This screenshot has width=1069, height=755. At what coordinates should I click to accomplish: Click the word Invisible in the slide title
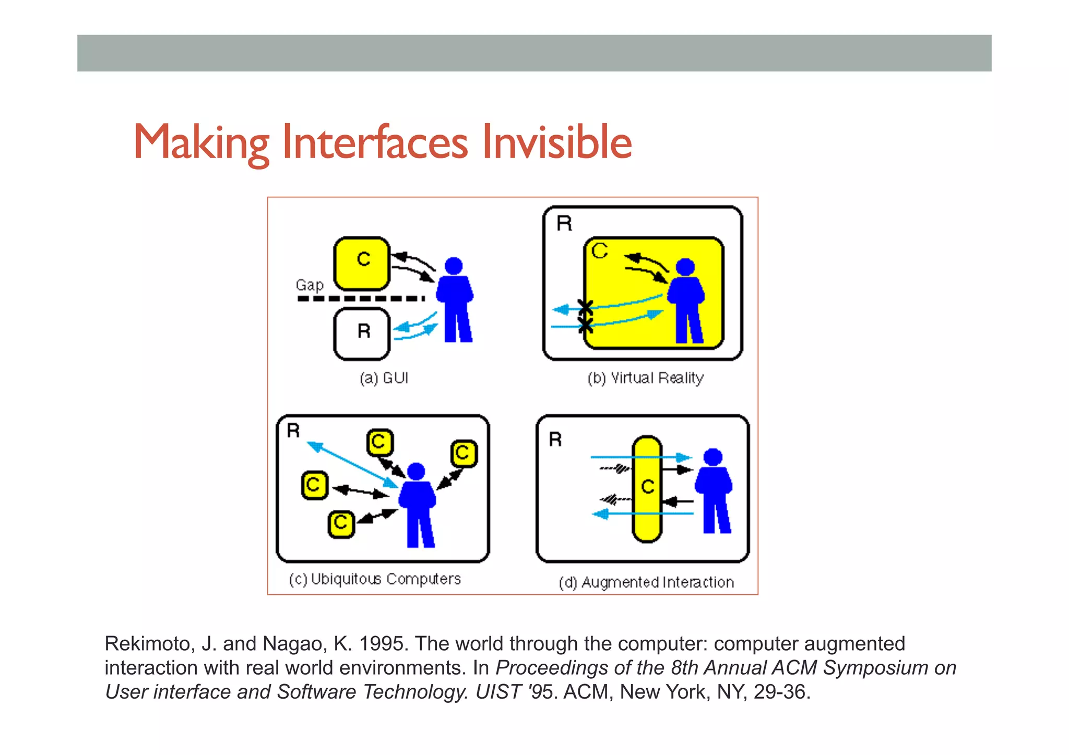(x=556, y=142)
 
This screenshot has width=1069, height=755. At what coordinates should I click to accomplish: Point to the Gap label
(x=310, y=285)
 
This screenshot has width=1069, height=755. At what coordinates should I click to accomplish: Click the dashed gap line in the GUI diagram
(x=360, y=299)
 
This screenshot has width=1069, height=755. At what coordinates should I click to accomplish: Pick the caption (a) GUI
(x=384, y=378)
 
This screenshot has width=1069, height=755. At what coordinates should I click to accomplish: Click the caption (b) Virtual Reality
(x=645, y=378)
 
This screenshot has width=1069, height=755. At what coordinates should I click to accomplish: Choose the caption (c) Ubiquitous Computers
(x=375, y=579)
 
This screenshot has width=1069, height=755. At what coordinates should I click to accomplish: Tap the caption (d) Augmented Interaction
(x=646, y=582)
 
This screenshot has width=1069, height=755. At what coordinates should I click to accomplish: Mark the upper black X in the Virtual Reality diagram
(x=586, y=307)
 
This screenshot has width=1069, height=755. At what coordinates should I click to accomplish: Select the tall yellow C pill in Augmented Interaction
(x=647, y=489)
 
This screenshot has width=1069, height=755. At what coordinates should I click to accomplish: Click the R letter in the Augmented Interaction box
(x=555, y=439)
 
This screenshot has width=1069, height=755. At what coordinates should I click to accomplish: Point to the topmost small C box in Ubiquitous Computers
(x=379, y=442)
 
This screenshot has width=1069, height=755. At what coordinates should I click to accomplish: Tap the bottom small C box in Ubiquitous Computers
(x=341, y=523)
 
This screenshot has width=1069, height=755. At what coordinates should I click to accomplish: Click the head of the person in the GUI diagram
(x=454, y=266)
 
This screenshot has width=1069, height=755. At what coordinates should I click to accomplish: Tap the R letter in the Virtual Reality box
(x=564, y=223)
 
